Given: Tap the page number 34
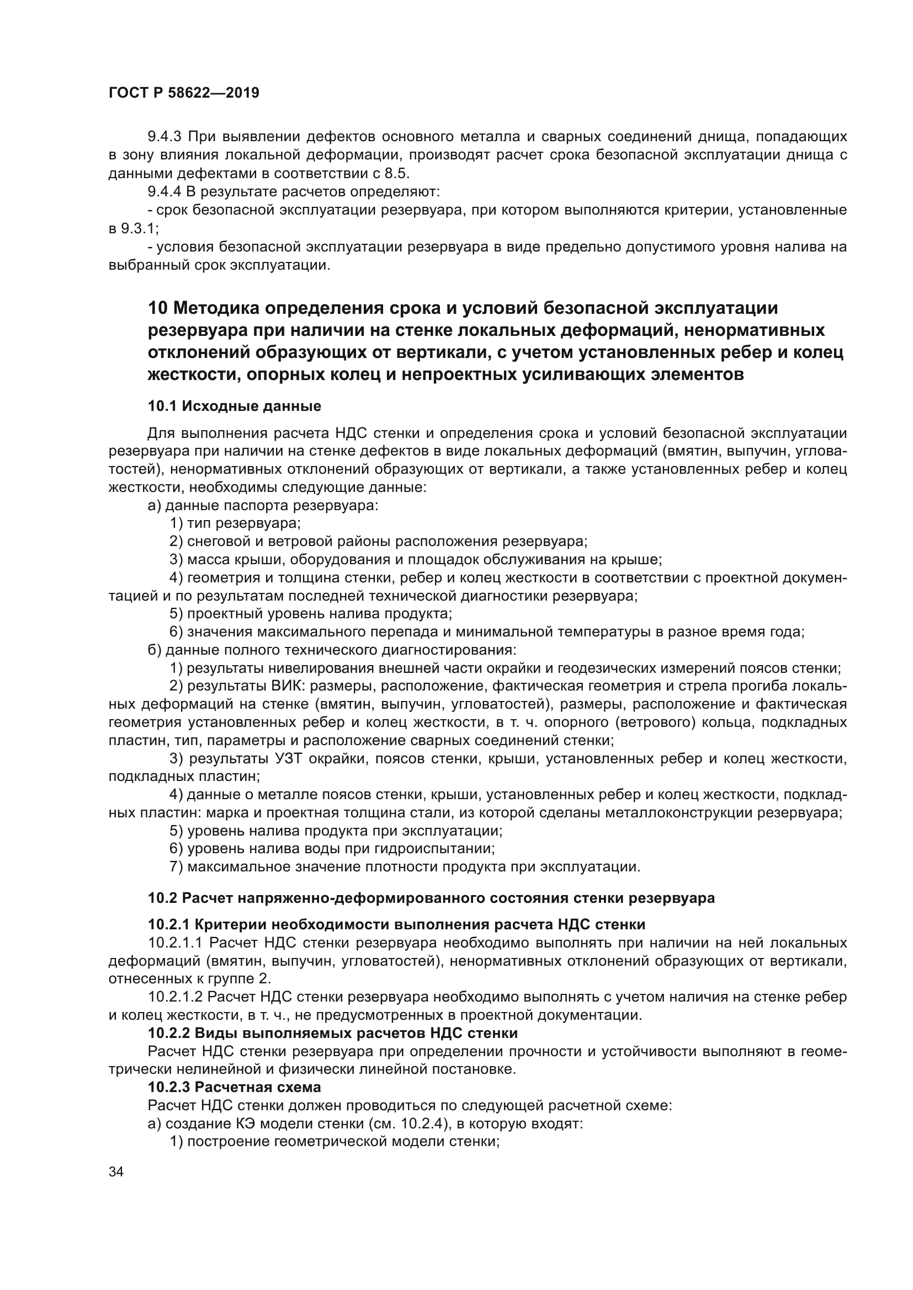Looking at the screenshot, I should (116, 1171).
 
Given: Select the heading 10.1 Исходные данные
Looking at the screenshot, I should (235, 406).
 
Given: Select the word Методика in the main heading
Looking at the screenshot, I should (215, 308).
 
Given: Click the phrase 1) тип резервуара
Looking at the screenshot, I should (235, 523).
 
